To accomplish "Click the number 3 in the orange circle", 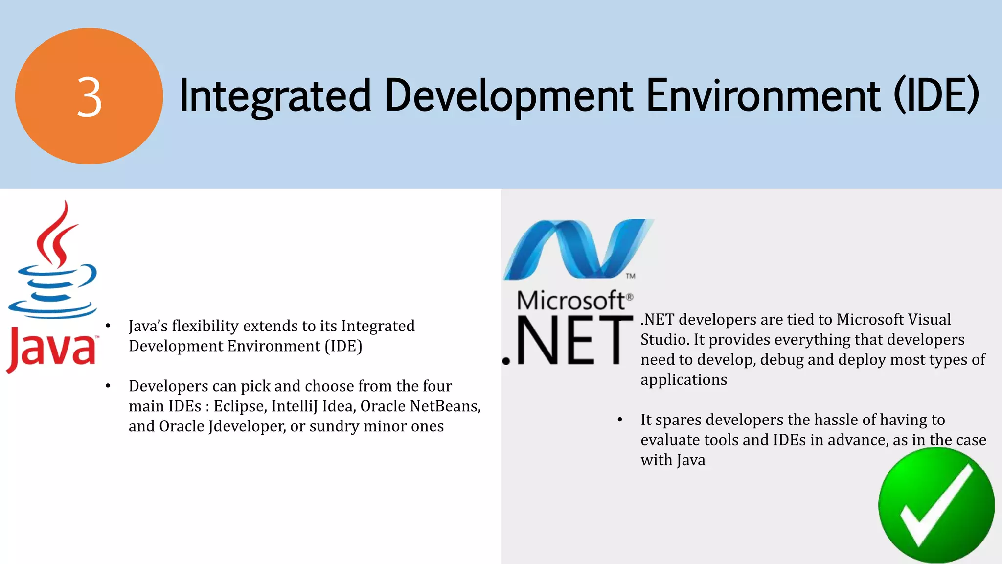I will tap(89, 97).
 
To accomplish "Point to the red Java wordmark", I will tap(52, 349).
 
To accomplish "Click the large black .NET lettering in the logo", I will tap(568, 341).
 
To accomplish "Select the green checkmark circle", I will tap(936, 505).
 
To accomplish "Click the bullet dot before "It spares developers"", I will tap(620, 420).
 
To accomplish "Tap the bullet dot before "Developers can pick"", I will tap(108, 386).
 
